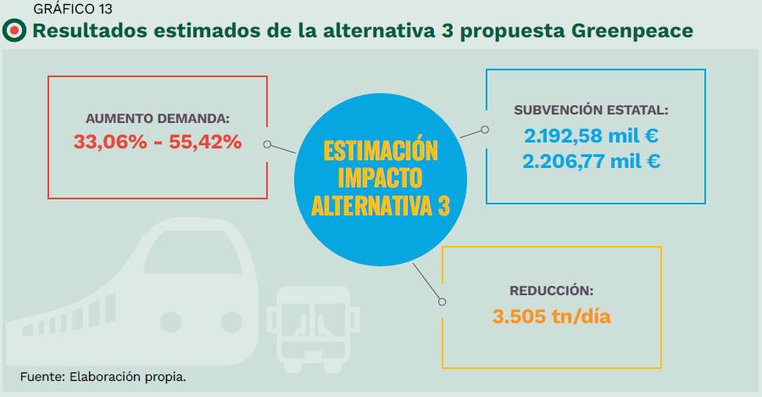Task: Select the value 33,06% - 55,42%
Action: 158,143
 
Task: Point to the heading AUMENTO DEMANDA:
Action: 158,119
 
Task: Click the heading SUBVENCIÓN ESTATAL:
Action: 592,110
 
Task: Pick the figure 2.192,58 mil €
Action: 592,136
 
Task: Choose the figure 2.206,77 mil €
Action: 592,161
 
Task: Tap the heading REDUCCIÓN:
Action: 552,289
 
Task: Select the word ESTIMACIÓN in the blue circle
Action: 381,152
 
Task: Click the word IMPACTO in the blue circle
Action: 381,178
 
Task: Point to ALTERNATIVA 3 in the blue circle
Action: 381,205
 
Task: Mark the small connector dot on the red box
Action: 267,144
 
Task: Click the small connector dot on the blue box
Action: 485,130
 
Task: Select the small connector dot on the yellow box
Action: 441,300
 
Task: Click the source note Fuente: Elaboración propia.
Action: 103,376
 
